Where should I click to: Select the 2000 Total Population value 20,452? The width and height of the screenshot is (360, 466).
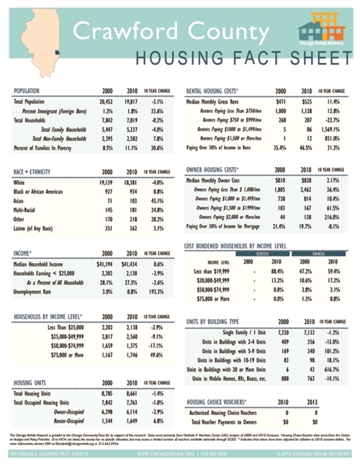[107, 102]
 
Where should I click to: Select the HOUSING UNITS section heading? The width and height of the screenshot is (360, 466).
[32, 384]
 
